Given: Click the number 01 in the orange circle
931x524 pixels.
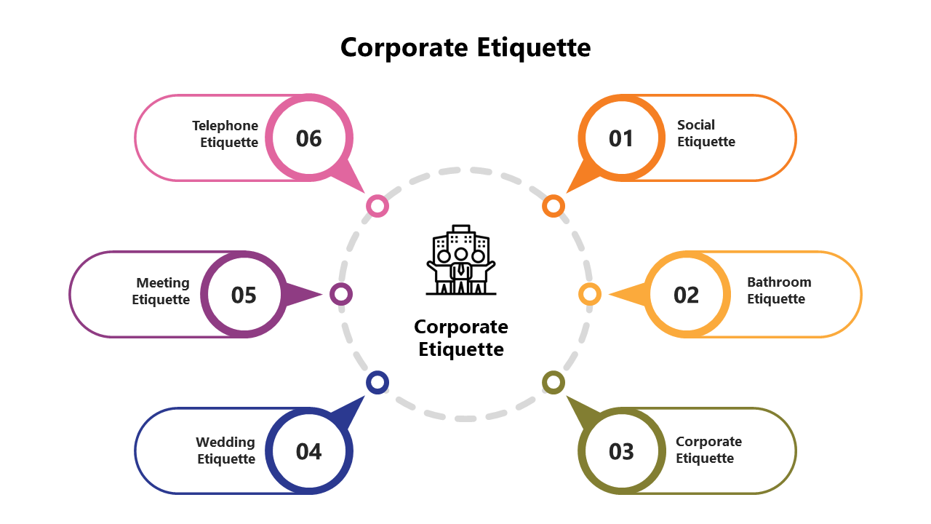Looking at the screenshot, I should click(x=621, y=138).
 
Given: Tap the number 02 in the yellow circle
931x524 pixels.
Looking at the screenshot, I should click(x=686, y=295).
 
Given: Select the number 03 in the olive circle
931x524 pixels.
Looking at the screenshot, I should click(x=621, y=451).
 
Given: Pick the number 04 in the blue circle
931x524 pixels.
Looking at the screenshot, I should click(x=308, y=451).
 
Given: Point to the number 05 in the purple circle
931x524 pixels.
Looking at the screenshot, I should click(x=244, y=295).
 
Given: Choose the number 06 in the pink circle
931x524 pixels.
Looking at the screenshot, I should click(x=308, y=138).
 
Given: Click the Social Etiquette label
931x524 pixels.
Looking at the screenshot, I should click(x=706, y=133).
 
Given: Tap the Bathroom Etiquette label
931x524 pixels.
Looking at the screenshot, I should click(x=778, y=290).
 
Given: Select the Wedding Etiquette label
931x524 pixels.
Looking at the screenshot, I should click(x=225, y=450).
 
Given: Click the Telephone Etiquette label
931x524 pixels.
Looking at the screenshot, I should click(x=225, y=134).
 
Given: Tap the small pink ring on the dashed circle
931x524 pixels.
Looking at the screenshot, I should click(x=377, y=206).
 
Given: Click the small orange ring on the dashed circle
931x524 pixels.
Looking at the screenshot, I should click(x=554, y=206).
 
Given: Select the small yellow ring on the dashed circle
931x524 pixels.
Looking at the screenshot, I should click(x=589, y=294).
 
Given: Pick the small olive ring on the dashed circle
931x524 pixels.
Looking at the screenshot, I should click(x=554, y=382).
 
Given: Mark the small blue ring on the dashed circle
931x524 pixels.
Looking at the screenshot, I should click(x=377, y=382).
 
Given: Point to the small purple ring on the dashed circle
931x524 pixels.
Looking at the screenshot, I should click(x=341, y=294).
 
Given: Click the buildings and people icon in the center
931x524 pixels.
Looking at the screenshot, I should click(x=461, y=260).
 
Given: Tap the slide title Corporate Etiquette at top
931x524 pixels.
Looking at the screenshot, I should click(x=465, y=47).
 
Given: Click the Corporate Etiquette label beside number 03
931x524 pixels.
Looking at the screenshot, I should click(x=708, y=450).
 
